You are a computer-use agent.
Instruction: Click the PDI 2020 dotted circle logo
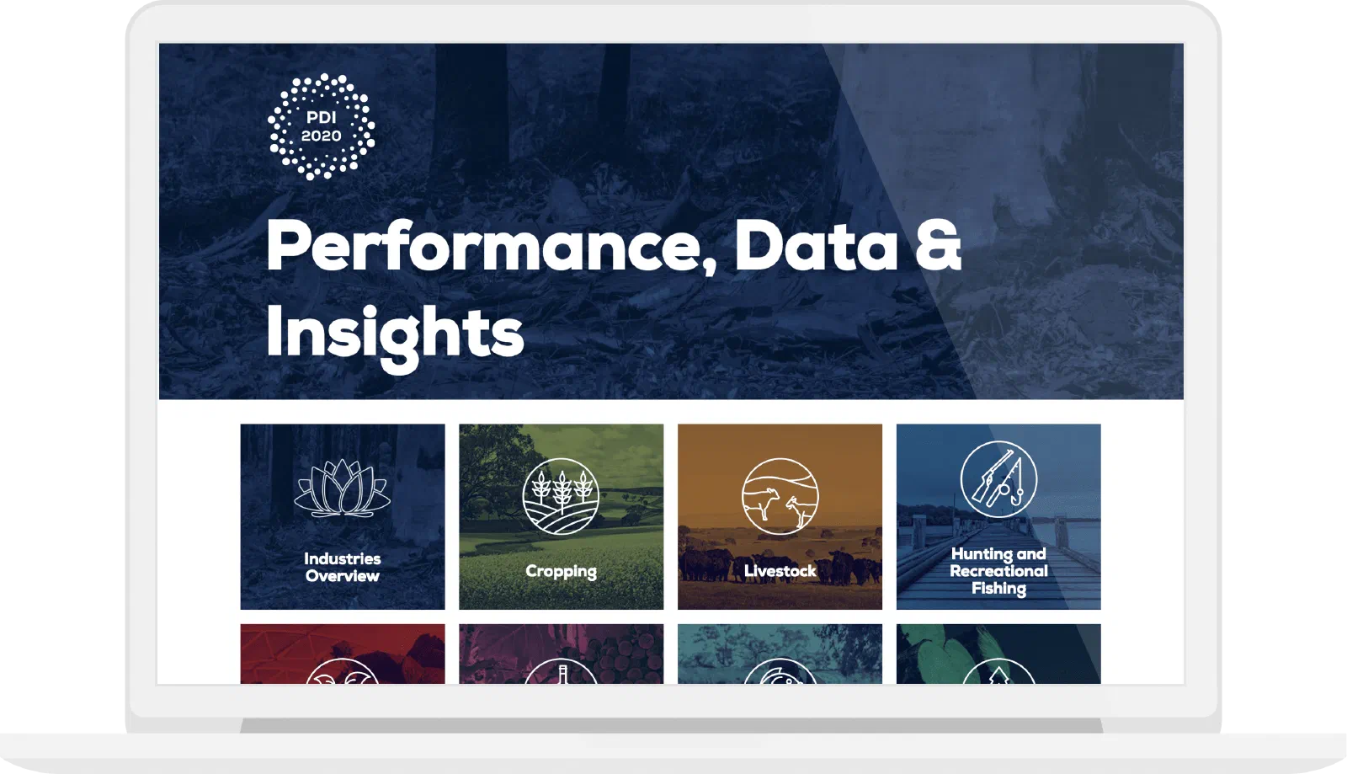pyautogui.click(x=321, y=126)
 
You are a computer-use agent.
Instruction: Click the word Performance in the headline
pyautogui.click(x=491, y=248)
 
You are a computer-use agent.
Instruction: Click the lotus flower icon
pyautogui.click(x=342, y=488)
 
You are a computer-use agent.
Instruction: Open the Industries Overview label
pyautogui.click(x=342, y=567)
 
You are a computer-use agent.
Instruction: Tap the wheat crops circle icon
pyautogui.click(x=561, y=496)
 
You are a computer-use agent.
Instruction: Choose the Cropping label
pyautogui.click(x=561, y=571)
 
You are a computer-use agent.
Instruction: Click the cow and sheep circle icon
pyautogui.click(x=780, y=496)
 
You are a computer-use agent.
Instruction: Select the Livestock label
pyautogui.click(x=780, y=571)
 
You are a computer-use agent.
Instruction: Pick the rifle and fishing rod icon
pyautogui.click(x=998, y=479)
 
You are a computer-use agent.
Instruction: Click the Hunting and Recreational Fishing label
pyautogui.click(x=998, y=571)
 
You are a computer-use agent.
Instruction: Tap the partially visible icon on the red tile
pyautogui.click(x=342, y=671)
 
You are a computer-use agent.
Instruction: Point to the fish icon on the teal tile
pyautogui.click(x=780, y=671)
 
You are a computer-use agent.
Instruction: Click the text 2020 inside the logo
pyautogui.click(x=321, y=136)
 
